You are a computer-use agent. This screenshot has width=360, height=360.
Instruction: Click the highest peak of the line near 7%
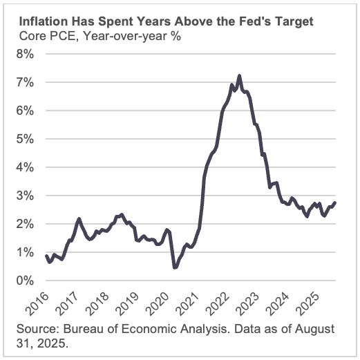239,75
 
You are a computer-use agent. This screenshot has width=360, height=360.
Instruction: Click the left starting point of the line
46,256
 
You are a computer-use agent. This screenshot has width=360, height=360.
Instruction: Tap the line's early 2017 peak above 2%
79,218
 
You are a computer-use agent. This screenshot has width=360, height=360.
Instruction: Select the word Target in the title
293,22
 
